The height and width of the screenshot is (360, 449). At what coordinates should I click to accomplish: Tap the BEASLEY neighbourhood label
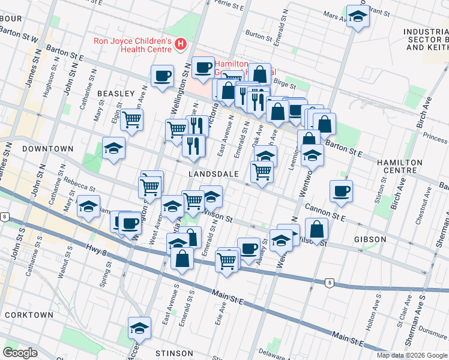tap(115, 94)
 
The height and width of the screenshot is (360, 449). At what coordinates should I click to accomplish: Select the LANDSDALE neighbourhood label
tap(214, 173)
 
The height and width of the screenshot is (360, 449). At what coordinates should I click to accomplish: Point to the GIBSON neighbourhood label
tap(370, 239)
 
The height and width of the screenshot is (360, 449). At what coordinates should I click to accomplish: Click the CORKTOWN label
tap(28, 314)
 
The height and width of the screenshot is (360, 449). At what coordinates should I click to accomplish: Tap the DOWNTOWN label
tap(47, 148)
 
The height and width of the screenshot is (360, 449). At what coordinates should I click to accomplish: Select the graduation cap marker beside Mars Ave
tap(358, 17)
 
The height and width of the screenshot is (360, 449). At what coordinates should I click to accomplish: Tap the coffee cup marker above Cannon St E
tap(342, 191)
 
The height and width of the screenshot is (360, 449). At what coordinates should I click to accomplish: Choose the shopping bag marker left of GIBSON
tap(316, 229)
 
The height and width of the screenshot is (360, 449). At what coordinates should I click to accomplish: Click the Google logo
tap(20, 353)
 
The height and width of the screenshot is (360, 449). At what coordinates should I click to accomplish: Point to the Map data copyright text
tap(412, 355)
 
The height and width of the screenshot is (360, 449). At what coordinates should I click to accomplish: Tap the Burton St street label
tap(259, 37)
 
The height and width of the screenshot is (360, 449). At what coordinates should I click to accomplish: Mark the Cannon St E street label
tap(325, 210)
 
